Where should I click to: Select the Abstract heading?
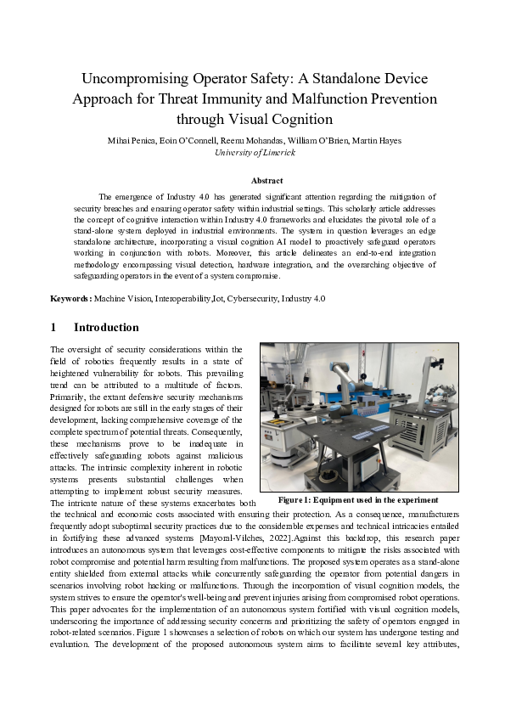[267, 180]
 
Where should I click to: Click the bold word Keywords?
[70, 298]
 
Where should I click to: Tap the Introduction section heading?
[106, 328]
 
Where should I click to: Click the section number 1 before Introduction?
[53, 328]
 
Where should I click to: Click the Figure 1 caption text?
[359, 500]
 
